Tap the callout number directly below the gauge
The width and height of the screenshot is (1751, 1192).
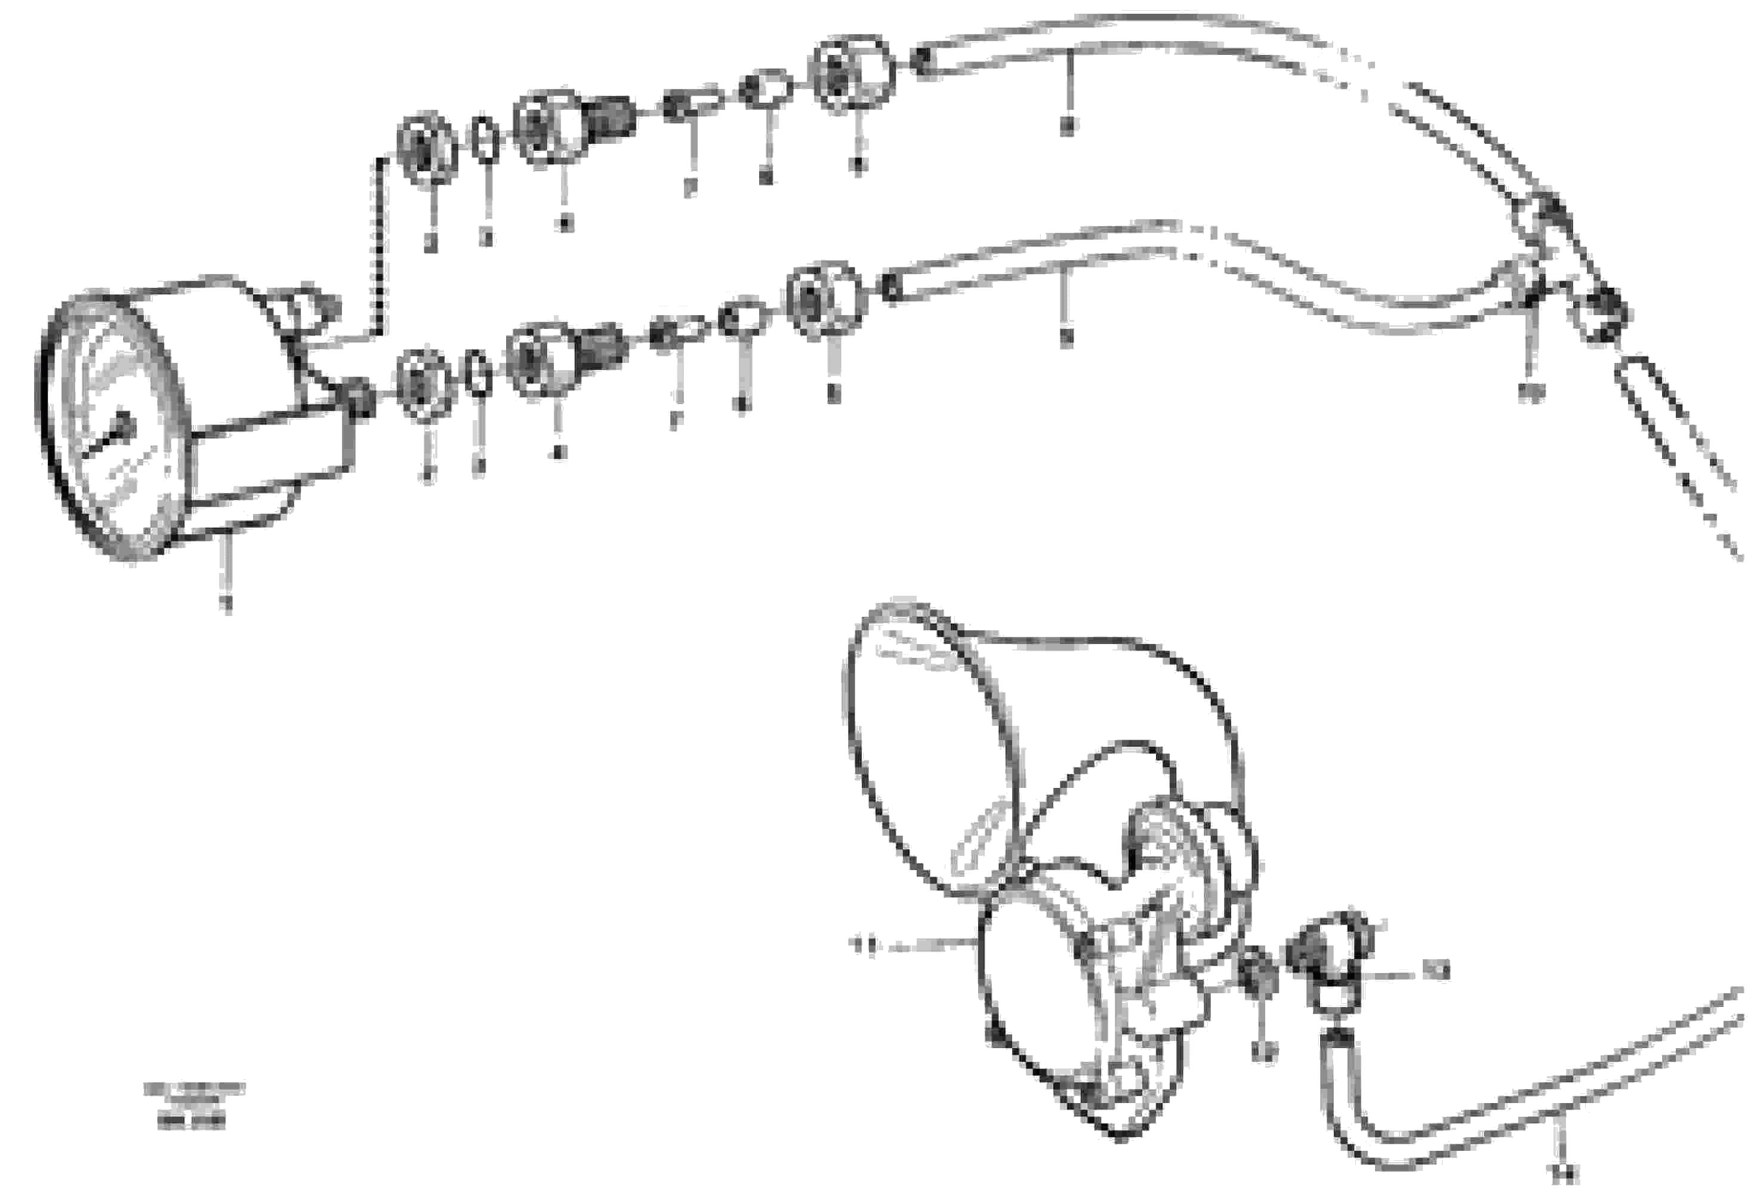click(x=224, y=603)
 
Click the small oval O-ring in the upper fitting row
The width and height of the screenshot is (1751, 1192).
click(x=486, y=140)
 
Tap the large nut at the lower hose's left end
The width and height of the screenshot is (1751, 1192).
click(x=826, y=299)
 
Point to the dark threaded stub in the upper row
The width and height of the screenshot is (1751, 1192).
click(x=611, y=117)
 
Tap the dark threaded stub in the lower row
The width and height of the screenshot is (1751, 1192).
click(x=603, y=347)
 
